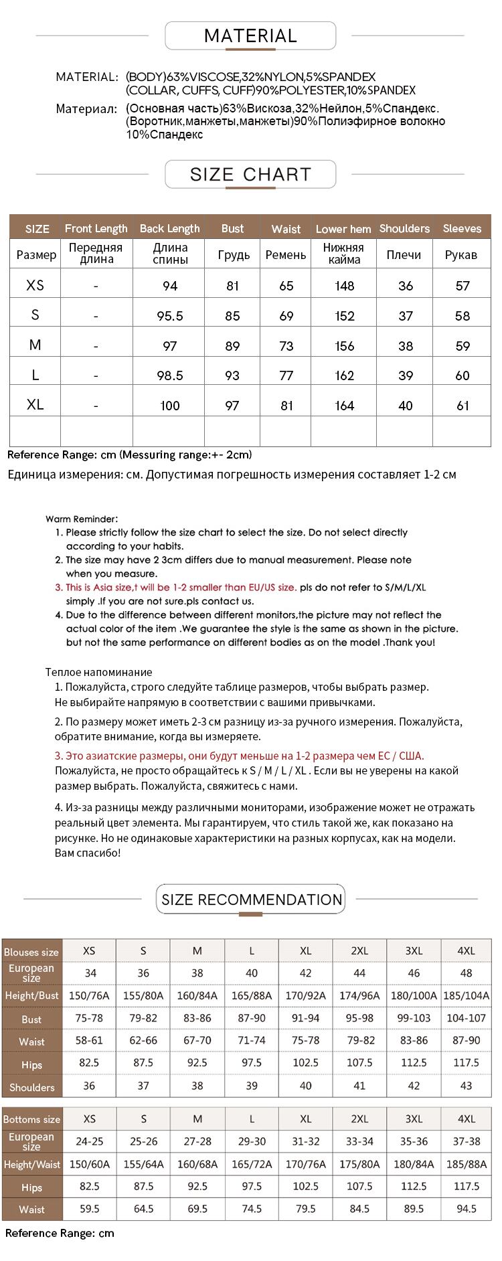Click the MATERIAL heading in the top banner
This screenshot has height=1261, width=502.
tap(250, 36)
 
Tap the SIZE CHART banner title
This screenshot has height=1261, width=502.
tap(250, 175)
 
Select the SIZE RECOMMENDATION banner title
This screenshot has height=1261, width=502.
tap(252, 900)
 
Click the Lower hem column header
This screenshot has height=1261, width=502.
tap(343, 229)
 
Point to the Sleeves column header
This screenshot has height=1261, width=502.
tap(462, 228)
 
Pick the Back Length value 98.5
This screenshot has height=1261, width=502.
tap(170, 375)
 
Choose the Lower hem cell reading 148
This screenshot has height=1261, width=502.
tap(345, 286)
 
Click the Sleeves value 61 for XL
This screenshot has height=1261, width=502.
tap(463, 406)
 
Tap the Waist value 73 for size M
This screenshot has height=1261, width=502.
tap(286, 346)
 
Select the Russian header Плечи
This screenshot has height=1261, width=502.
tap(404, 255)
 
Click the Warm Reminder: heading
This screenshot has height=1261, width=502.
tap(82, 519)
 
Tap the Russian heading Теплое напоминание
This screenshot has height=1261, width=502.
tap(99, 672)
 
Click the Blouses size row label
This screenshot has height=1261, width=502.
tap(31, 952)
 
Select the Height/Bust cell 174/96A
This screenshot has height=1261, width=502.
tap(359, 995)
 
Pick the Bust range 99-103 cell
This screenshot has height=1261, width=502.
tap(414, 1018)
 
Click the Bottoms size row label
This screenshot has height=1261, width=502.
tap(31, 1119)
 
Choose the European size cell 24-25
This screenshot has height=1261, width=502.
tap(89, 1141)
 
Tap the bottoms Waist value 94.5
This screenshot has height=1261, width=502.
tap(466, 1208)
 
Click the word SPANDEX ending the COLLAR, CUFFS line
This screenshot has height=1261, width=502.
tap(392, 90)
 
